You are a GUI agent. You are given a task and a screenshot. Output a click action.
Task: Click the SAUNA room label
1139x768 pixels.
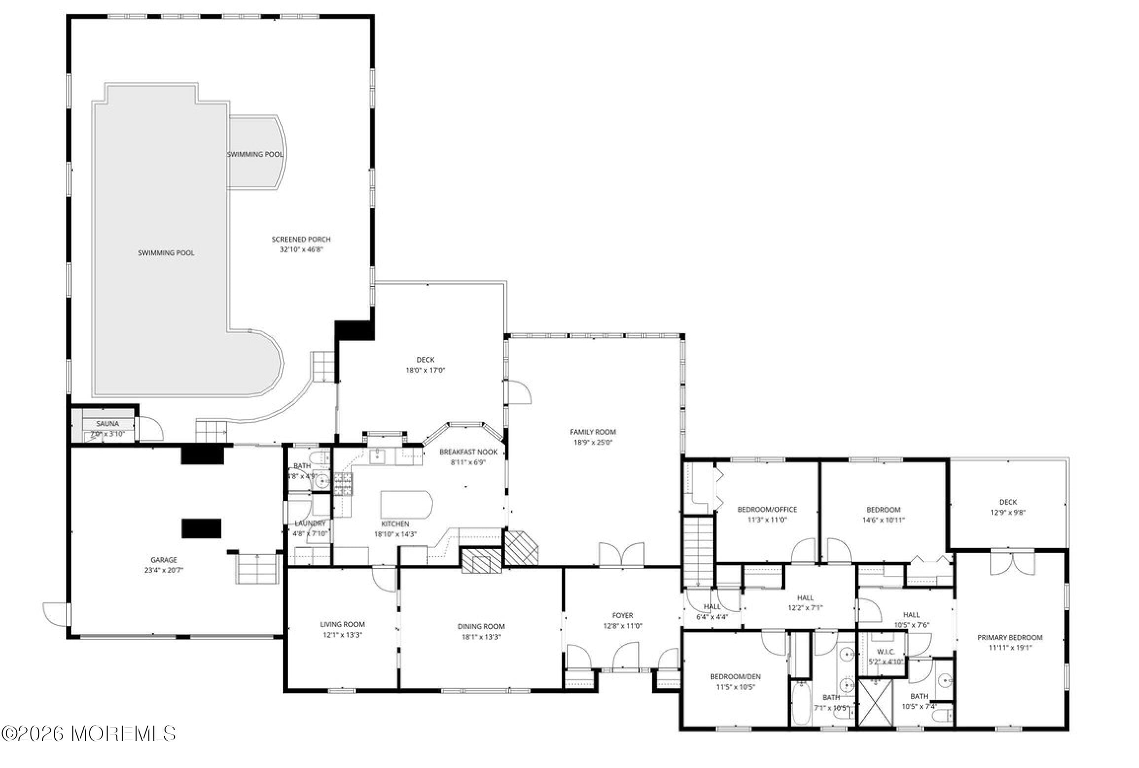point(107,423)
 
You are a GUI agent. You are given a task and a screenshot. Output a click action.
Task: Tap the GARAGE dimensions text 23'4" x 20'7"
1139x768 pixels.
point(163,570)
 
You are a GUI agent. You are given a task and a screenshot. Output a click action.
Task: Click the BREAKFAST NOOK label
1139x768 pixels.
point(468,452)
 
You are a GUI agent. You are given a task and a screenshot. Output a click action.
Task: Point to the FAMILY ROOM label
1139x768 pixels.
point(593,432)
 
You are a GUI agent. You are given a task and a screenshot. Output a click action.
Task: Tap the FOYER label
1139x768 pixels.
point(622,615)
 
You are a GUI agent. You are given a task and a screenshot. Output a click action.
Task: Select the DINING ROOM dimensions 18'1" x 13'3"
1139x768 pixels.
point(481,636)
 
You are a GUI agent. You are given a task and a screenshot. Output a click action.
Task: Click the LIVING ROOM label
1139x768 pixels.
point(342,624)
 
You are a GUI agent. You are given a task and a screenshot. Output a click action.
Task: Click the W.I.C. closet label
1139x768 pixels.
point(886,652)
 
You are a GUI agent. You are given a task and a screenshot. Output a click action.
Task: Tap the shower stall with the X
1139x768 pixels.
point(875,702)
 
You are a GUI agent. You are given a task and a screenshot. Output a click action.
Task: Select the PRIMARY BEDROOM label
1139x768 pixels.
point(1010,637)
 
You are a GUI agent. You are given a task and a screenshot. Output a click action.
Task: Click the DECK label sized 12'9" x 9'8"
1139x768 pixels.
point(1008,502)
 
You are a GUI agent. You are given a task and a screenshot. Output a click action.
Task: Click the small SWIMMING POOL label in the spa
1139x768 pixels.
point(255,154)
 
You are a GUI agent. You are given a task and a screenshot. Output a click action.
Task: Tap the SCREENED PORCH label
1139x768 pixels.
point(301,239)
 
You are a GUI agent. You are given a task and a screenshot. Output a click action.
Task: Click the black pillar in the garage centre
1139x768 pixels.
point(201,528)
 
